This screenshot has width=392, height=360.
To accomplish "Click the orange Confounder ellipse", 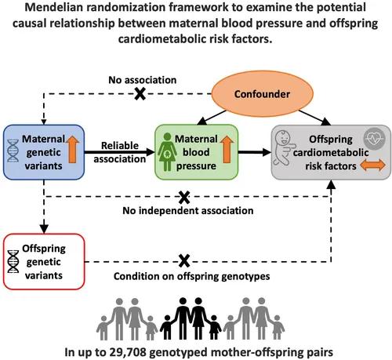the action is coord(262,94).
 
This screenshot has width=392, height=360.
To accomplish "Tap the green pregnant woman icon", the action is coord(167,152).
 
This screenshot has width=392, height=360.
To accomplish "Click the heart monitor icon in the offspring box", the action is coord(375,139).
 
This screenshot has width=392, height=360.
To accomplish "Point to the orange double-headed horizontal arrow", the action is coord(372,165).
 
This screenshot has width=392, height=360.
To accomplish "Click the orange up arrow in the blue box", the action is coord(72,149).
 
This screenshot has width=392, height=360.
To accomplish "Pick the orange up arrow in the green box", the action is coord(227,149).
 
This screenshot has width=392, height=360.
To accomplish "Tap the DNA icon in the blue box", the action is coord(13,151).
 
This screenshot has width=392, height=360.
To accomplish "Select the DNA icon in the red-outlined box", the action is coord(13,261).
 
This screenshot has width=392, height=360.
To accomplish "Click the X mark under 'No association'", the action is coord(140,93).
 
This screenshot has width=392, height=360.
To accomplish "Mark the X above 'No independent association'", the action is coord(184,198).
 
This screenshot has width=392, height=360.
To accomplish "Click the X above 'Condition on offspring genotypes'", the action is coord(184,261).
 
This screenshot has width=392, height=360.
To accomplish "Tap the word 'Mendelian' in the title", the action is coord(54,7).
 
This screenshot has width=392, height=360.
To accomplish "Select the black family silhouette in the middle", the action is coord(191,318).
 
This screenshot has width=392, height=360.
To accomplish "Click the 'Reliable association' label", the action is coord(120,152).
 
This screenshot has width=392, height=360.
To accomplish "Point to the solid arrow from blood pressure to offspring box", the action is coord(255,152).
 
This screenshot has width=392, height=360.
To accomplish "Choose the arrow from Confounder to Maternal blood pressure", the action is coord(212,118).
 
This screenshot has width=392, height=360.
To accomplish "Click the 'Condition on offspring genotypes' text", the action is coord(192,276).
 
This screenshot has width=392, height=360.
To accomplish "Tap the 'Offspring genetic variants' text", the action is coord(44,262).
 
